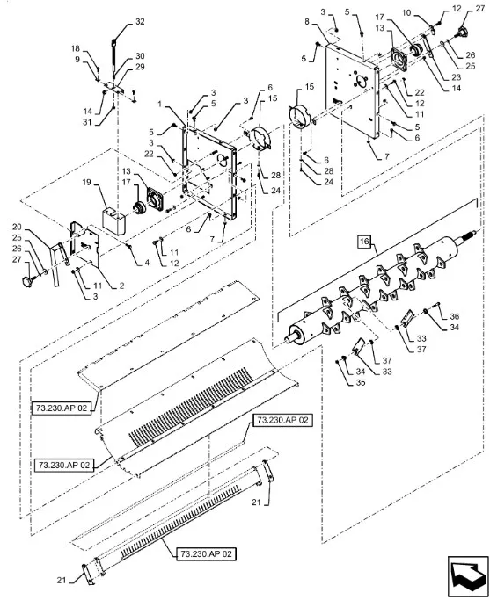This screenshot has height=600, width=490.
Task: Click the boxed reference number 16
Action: (x=364, y=242)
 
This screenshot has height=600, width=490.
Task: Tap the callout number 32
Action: (x=140, y=22)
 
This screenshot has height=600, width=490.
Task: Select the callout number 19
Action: (x=86, y=182)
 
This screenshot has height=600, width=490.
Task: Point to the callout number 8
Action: (x=307, y=22)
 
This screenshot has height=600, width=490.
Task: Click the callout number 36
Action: (x=454, y=316)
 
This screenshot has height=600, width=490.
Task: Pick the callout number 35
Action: (x=361, y=383)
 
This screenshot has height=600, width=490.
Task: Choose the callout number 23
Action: (x=456, y=77)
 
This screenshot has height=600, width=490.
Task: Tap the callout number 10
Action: (x=406, y=13)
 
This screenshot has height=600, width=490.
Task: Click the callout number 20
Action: (x=17, y=227)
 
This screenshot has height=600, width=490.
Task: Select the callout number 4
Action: (x=147, y=263)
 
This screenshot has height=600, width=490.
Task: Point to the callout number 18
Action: (x=76, y=48)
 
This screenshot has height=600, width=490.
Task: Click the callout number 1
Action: (x=160, y=104)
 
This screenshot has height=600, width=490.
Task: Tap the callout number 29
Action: (x=140, y=67)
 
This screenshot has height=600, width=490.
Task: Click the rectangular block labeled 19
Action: (x=113, y=220)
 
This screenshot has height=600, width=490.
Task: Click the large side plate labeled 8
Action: (x=353, y=90)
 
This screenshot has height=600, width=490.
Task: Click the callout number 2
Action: (x=121, y=286)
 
